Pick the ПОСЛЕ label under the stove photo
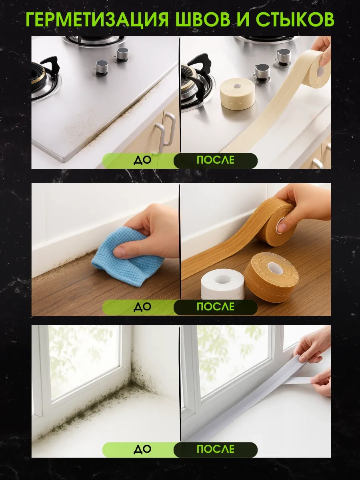pyautogui.click(x=215, y=160)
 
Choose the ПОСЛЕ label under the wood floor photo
pyautogui.click(x=215, y=307)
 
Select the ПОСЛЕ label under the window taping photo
pyautogui.click(x=215, y=450)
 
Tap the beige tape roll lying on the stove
pyautogui.click(x=237, y=93)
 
